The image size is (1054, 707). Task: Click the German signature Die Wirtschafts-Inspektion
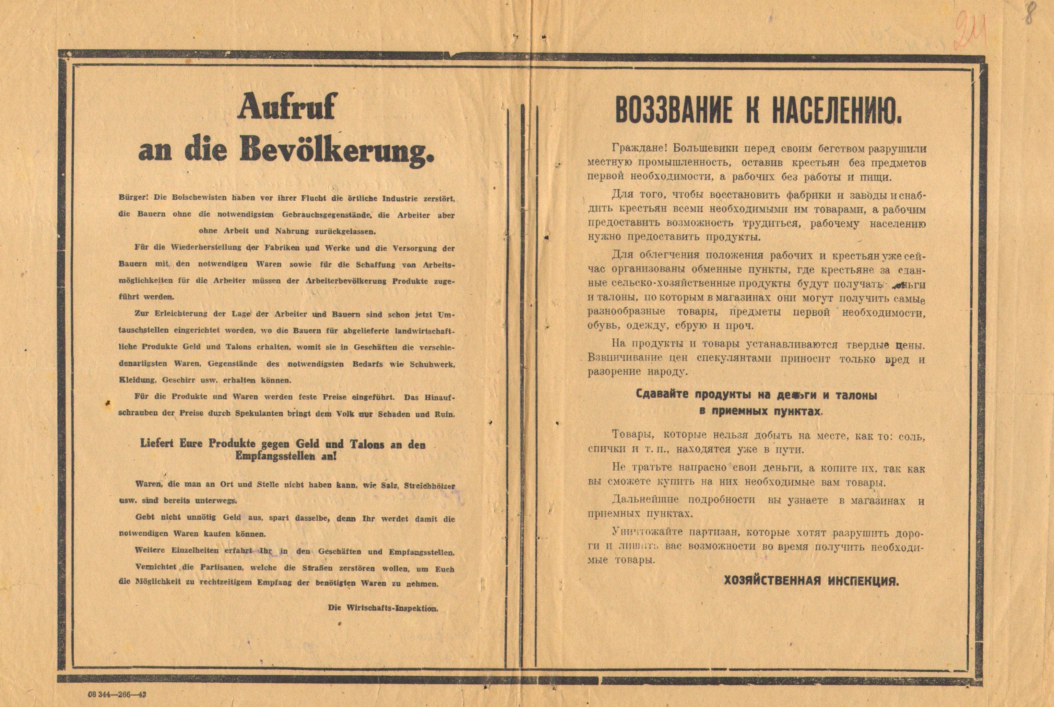click(383, 608)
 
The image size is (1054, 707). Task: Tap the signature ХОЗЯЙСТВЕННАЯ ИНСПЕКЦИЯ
click(811, 581)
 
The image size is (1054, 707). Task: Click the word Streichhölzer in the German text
click(429, 486)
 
